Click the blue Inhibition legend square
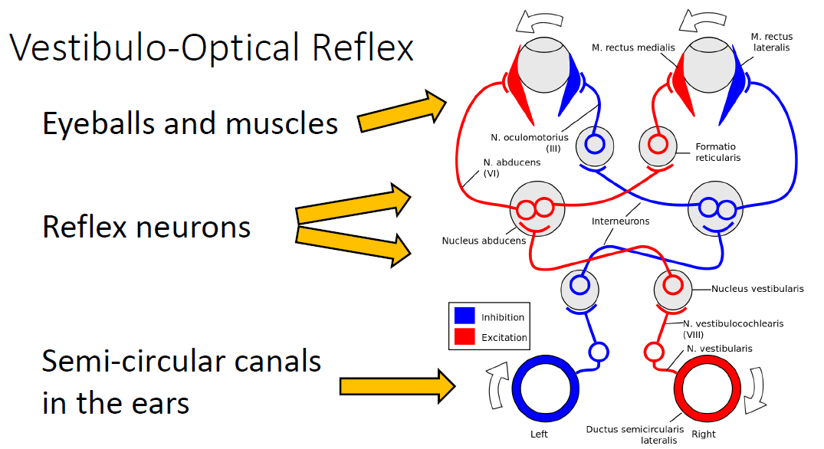click(465, 316)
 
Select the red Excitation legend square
click(465, 336)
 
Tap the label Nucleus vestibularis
click(757, 289)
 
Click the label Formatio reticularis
click(718, 152)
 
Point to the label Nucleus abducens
click(484, 241)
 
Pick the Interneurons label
click(621, 221)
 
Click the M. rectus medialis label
click(633, 48)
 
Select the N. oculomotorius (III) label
click(530, 143)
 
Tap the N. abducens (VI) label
click(512, 168)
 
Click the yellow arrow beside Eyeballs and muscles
click(402, 111)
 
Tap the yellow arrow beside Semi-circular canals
click(397, 386)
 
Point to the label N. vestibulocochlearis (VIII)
click(733, 329)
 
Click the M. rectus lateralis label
click(771, 42)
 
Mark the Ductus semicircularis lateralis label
click(635, 434)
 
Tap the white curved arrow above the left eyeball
click(540, 21)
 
